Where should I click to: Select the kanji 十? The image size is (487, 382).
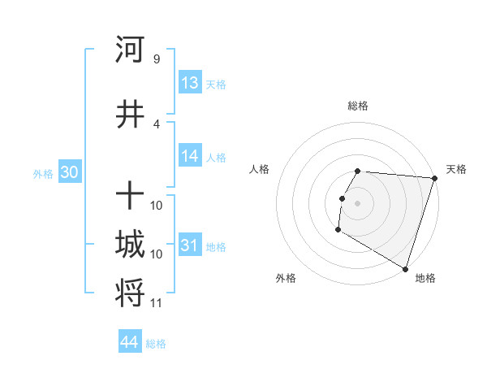pyautogui.click(x=130, y=196)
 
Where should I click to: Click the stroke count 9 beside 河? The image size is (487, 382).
pyautogui.click(x=156, y=59)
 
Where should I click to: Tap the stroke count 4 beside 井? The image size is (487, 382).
pyautogui.click(x=156, y=124)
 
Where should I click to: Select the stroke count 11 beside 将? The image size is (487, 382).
pyautogui.click(x=156, y=303)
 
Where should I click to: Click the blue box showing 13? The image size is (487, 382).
pyautogui.click(x=190, y=83)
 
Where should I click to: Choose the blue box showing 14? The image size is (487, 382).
pyautogui.click(x=190, y=157)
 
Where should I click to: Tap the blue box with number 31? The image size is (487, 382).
pyautogui.click(x=190, y=245)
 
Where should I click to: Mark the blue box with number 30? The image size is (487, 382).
pyautogui.click(x=69, y=172)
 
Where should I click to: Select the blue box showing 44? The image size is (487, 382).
pyautogui.click(x=130, y=342)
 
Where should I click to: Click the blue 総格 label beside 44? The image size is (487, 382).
pyautogui.click(x=156, y=344)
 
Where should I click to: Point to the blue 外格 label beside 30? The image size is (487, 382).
pyautogui.click(x=43, y=173)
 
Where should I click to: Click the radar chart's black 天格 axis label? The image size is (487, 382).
pyautogui.click(x=456, y=169)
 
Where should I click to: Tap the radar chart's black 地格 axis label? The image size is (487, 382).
pyautogui.click(x=425, y=278)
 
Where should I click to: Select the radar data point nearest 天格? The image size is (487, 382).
pyautogui.click(x=434, y=178)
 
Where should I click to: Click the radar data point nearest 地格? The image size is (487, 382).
pyautogui.click(x=405, y=268)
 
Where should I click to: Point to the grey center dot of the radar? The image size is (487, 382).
pyautogui.click(x=357, y=203)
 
